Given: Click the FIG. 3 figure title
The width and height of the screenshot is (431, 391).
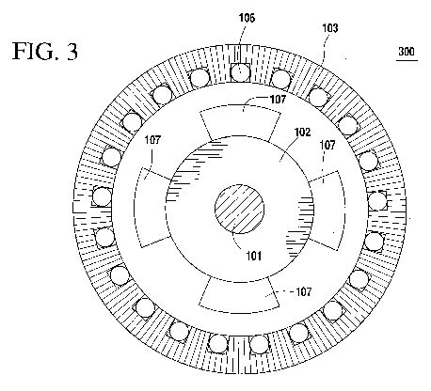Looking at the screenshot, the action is [45, 51].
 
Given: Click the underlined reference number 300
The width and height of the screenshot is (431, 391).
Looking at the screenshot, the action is [407, 51].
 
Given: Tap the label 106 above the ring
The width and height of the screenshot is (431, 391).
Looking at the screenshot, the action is [247, 18].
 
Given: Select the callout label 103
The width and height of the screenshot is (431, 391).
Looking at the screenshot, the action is [330, 28].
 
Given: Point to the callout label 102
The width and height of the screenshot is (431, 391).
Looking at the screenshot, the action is [302, 133].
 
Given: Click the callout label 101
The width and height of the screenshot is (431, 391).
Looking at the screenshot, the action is [253, 256].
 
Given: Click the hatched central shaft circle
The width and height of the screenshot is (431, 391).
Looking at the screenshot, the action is [239, 209].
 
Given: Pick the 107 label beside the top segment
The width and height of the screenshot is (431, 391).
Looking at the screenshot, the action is [278, 100].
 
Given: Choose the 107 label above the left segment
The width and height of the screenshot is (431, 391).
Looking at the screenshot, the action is [152, 140].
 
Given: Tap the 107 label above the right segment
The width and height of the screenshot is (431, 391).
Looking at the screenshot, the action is [327, 145].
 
